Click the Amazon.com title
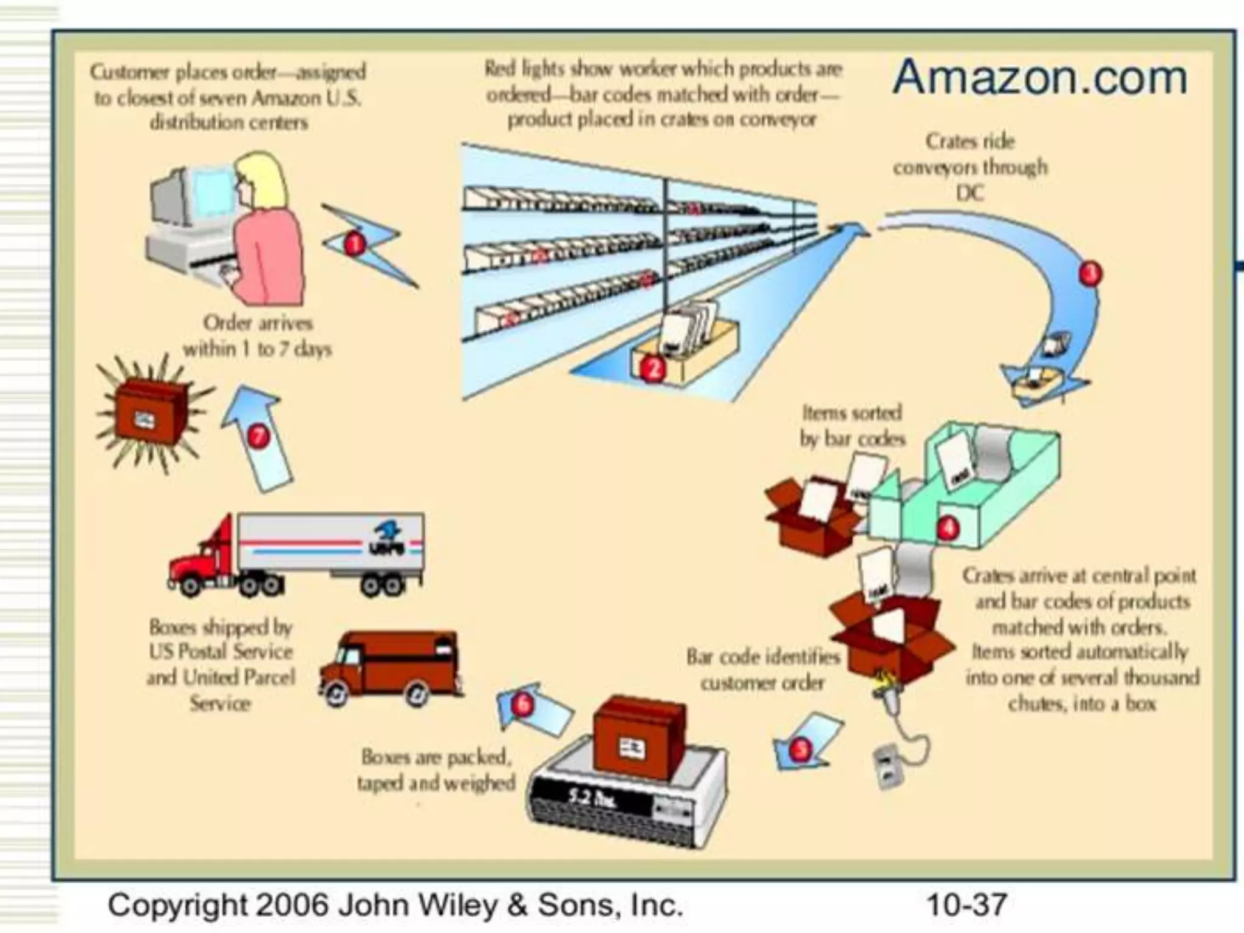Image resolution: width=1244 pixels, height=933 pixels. (1039, 77)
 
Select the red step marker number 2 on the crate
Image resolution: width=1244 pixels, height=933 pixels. (652, 368)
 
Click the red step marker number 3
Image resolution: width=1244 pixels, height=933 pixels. (1090, 273)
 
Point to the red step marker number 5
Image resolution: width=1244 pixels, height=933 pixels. (801, 749)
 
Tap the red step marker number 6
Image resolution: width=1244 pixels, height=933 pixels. (522, 705)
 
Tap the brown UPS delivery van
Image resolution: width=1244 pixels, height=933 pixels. (389, 668)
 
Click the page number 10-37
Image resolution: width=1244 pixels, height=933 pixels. (966, 905)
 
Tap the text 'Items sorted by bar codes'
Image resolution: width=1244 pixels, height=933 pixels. (852, 426)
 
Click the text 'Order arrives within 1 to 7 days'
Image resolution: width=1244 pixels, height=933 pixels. (257, 336)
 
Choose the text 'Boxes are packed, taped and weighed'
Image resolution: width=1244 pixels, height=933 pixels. (436, 770)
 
